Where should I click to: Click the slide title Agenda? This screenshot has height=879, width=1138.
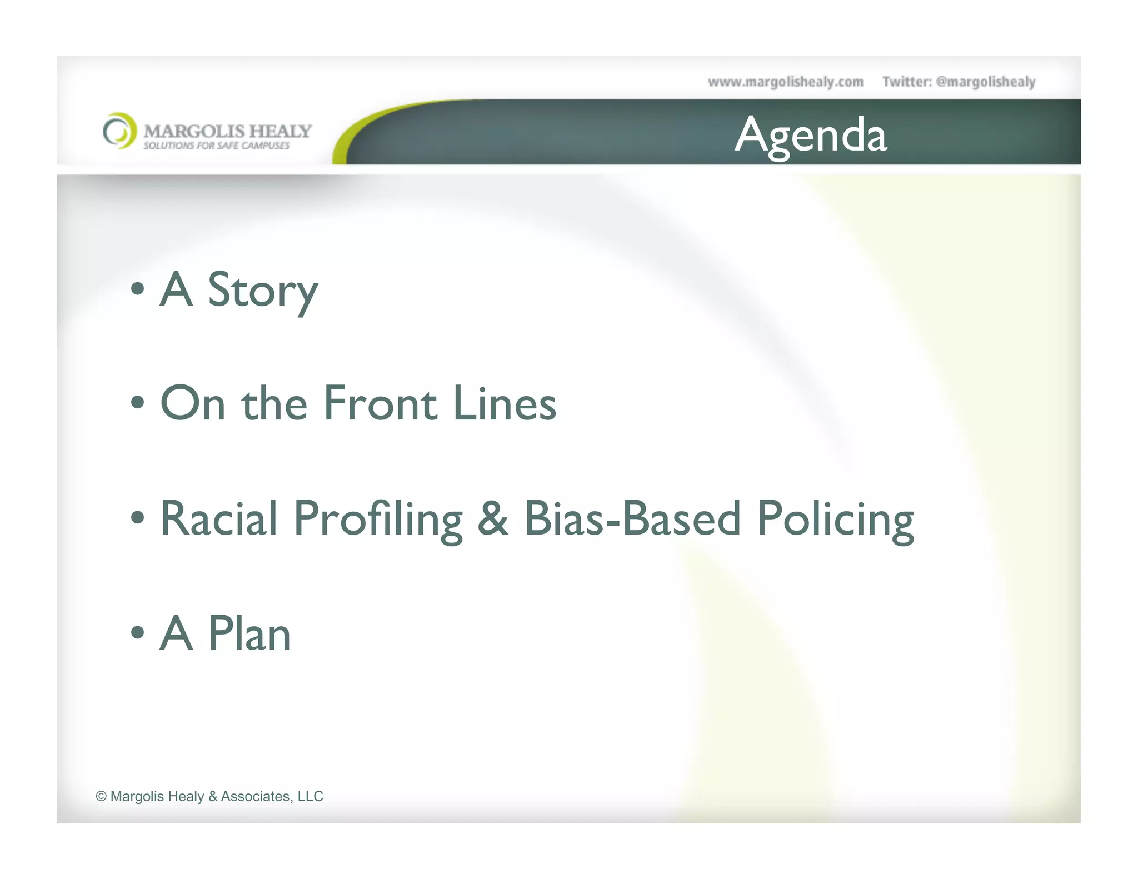click(811, 135)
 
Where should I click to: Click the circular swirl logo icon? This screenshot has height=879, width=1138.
click(119, 131)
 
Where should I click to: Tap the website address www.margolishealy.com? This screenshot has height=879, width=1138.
click(785, 82)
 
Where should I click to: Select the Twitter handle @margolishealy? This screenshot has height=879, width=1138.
click(985, 82)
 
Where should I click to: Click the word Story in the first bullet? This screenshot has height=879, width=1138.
click(262, 290)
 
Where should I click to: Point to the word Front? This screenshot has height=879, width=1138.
click(380, 403)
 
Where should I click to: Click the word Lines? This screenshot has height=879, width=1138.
click(504, 403)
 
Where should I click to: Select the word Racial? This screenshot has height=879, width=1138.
click(218, 518)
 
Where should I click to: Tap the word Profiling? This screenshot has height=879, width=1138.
click(378, 519)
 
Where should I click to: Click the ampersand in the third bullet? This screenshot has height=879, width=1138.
click(492, 518)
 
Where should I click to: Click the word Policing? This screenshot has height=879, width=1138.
click(835, 519)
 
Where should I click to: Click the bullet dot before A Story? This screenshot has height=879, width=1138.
click(137, 289)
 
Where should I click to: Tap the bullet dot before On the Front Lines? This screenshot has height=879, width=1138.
click(137, 403)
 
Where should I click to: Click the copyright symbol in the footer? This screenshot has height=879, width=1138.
click(101, 796)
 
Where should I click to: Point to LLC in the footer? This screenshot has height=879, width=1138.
click(310, 796)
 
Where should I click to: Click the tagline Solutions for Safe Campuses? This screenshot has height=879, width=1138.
click(217, 146)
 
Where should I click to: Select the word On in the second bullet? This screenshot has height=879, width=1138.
click(193, 403)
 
